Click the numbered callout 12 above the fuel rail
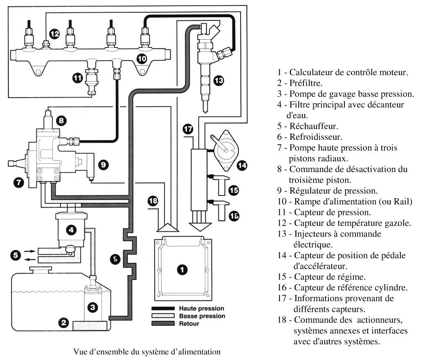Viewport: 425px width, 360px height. point(54,34)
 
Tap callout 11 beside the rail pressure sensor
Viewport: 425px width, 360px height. point(78,78)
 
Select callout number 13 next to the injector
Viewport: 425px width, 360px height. point(219,80)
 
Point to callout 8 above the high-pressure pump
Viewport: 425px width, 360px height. point(61,120)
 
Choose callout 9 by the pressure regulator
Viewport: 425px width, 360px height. point(103,165)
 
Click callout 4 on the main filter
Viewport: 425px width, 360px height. point(71,230)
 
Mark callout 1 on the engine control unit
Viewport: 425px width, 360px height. point(182,270)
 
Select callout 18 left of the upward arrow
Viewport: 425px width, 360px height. point(153,201)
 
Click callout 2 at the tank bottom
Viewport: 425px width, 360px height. point(64,323)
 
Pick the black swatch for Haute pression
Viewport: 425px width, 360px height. point(163,308)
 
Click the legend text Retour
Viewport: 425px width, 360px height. point(189,324)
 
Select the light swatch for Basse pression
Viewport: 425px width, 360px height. point(163,316)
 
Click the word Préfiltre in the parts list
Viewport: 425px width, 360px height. point(306,83)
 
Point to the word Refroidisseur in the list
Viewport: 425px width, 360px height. point(316,137)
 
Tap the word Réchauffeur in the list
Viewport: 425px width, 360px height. point(314,126)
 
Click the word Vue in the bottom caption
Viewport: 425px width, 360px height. point(80,352)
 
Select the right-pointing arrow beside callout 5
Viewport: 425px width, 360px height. point(29,251)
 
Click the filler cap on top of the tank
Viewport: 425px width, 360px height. point(40,270)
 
